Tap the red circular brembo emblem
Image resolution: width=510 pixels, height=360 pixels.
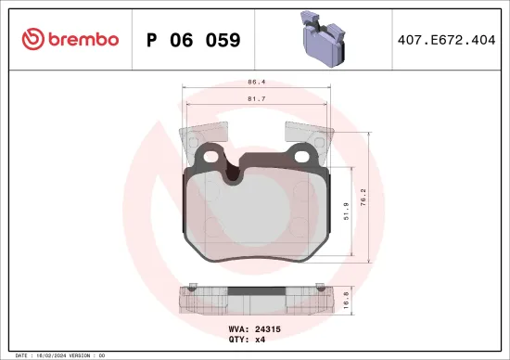tap(32, 39)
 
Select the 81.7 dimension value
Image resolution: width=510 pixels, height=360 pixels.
tap(257, 97)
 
